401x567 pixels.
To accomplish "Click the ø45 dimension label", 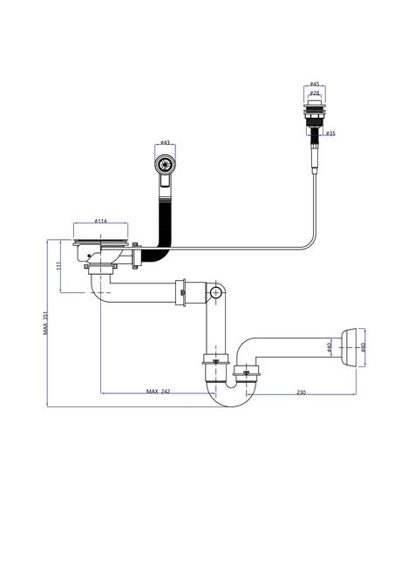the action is point(315,84).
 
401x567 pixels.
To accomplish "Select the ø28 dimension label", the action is point(315,93).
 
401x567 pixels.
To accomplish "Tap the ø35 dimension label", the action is point(330,133).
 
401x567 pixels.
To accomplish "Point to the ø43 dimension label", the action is point(165,142).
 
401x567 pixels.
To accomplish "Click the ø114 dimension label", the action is point(100,221).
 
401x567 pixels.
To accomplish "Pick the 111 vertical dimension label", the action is point(59,266).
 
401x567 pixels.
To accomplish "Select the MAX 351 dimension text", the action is point(45,323).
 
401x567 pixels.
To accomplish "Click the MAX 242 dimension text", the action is point(158,392).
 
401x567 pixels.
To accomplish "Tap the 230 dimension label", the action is point(301,392).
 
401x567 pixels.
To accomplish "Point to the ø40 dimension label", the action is point(329,347).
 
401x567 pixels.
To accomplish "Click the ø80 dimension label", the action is point(363,347).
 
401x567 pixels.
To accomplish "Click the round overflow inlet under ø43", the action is point(165,165).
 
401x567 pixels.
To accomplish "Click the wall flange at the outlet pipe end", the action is point(350,347).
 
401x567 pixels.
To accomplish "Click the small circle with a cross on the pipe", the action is point(216,292).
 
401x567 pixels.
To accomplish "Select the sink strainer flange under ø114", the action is point(100,243).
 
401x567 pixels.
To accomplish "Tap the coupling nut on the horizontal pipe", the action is point(180,292).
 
